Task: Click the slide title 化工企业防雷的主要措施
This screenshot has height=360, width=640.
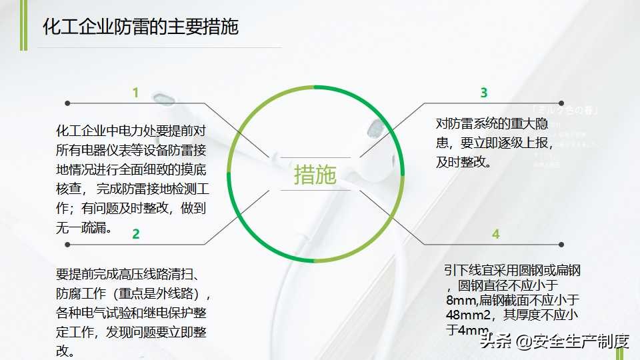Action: [140, 27]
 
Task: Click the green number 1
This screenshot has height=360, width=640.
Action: [135, 93]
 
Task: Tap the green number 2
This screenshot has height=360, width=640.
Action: [136, 233]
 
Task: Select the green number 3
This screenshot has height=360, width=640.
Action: [484, 93]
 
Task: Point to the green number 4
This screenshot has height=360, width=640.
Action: [495, 233]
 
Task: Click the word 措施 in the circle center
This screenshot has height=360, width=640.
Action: [315, 175]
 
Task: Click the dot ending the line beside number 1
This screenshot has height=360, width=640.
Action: [68, 103]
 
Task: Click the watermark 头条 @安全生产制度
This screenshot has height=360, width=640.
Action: [555, 342]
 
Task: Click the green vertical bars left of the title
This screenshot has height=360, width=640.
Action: [23, 25]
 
